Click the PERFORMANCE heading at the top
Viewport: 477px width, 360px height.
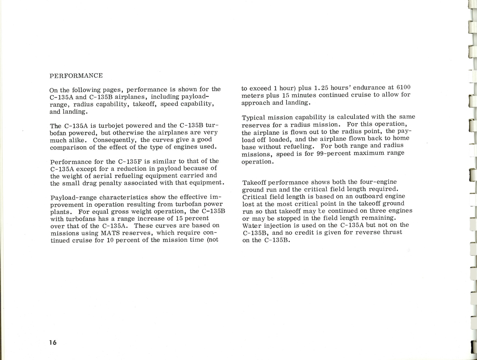tap(76, 76)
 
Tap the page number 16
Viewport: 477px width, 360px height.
tap(53, 342)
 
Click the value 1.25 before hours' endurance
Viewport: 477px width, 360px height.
tap(322, 88)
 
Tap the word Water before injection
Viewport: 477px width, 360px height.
tap(251, 225)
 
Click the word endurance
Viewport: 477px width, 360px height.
tap(365, 88)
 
